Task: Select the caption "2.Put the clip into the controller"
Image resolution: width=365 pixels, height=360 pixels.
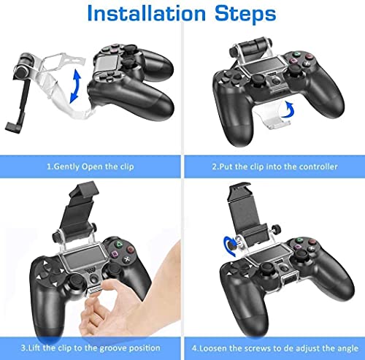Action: (274, 166)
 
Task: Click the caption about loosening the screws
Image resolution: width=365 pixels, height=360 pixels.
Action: (274, 348)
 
